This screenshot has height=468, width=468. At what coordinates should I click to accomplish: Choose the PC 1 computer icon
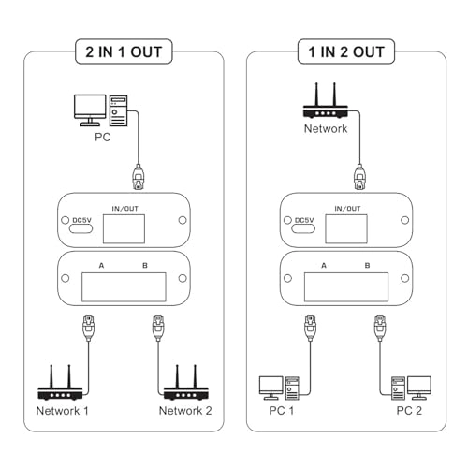[x=279, y=388]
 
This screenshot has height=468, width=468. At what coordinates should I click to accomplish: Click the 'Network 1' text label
[x=63, y=411]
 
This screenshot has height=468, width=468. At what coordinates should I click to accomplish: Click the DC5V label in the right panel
[x=298, y=222]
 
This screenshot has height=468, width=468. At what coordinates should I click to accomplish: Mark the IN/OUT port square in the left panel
[x=124, y=227]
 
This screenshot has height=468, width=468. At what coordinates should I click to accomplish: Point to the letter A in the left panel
[x=101, y=266]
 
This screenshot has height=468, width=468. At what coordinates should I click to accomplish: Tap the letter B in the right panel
[x=368, y=266]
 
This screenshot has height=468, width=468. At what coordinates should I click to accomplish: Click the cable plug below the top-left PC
[x=139, y=176]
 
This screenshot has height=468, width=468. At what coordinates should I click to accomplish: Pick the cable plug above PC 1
[x=307, y=327]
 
